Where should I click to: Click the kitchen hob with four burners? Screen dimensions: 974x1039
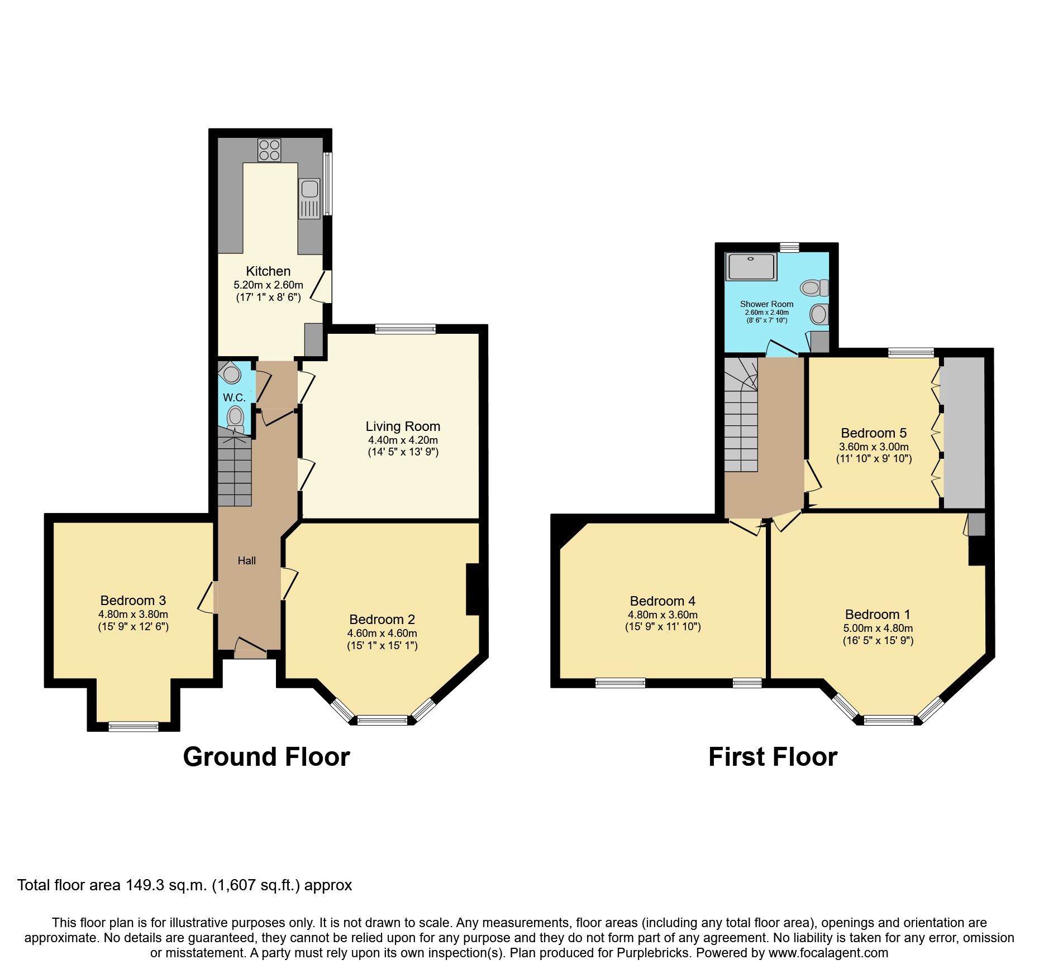click(269, 150)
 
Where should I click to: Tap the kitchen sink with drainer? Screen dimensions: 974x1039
click(309, 198)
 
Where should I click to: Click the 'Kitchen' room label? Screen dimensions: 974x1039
click(268, 271)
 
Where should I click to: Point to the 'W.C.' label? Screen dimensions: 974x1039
click(234, 398)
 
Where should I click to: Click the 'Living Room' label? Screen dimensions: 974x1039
click(403, 426)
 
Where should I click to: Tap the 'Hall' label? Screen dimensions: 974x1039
click(246, 560)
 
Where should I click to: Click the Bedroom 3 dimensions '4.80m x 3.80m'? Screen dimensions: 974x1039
click(133, 614)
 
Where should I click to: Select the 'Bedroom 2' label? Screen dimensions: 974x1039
click(382, 620)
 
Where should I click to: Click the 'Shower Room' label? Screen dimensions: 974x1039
click(766, 304)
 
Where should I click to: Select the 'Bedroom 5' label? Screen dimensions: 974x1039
click(874, 433)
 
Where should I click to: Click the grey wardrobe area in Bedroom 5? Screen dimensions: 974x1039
click(964, 433)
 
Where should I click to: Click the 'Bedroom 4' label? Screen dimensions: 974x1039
click(663, 601)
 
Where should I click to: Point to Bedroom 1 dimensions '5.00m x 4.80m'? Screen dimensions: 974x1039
click(878, 628)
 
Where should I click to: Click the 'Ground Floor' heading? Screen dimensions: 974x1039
click(266, 757)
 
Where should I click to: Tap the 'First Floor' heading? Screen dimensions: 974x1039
click(773, 757)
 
